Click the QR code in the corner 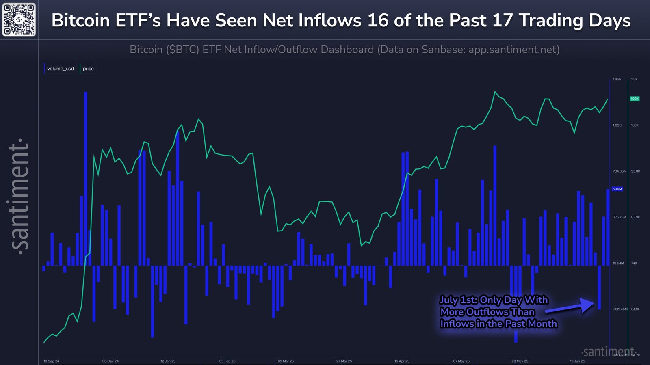19,19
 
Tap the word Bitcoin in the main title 80,20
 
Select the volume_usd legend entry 60,69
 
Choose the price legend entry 88,69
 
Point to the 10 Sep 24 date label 51,361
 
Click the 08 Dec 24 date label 110,361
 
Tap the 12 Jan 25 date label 168,361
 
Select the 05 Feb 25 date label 227,361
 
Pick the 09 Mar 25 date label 286,361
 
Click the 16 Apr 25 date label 402,361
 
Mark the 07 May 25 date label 461,361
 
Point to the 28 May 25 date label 520,361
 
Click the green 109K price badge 635,99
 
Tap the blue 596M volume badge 617,189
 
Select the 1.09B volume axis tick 617,125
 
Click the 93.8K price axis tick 635,171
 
